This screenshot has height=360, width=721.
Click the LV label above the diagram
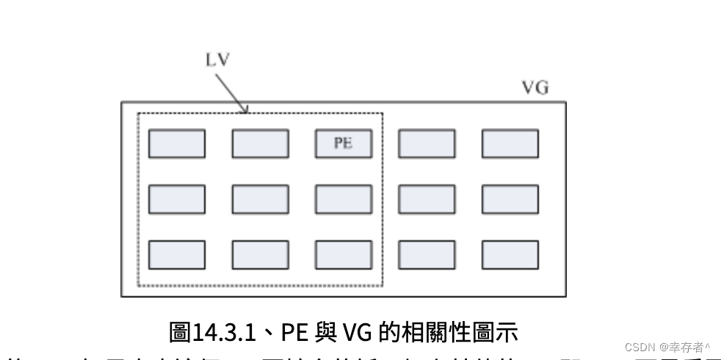(x=217, y=60)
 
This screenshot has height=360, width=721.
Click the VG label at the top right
(x=535, y=88)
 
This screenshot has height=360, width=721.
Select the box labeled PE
(x=343, y=143)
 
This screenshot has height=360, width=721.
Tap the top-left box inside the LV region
(x=177, y=143)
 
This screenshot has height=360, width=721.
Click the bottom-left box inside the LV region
(x=177, y=254)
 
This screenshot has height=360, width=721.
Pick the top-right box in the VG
(x=510, y=143)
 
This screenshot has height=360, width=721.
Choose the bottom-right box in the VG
(x=510, y=254)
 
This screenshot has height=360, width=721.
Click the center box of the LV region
(x=260, y=199)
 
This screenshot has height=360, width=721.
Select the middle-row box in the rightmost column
(x=510, y=199)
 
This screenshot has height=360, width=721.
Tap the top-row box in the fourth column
(x=427, y=143)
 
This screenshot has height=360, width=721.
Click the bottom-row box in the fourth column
(x=427, y=254)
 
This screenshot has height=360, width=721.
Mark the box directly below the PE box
(x=343, y=199)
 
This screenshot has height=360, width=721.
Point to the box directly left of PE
(x=260, y=143)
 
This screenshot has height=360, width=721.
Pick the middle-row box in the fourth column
(x=427, y=199)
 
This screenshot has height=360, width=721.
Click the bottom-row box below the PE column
(x=343, y=254)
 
